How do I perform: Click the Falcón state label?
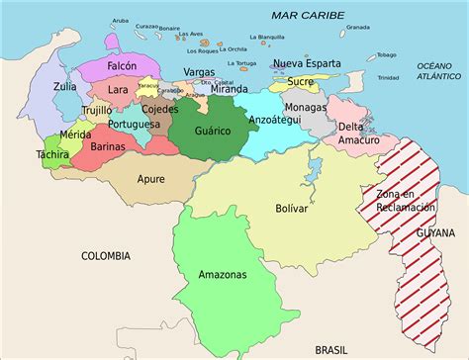(121, 65)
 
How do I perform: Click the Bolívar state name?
(291, 209)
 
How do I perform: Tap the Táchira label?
(52, 154)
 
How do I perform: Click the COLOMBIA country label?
(105, 255)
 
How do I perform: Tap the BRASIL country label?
(331, 349)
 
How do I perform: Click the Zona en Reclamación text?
(405, 200)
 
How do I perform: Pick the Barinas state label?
(108, 146)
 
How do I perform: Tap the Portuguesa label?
(135, 125)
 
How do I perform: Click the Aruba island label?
(120, 19)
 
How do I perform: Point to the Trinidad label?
(389, 77)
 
